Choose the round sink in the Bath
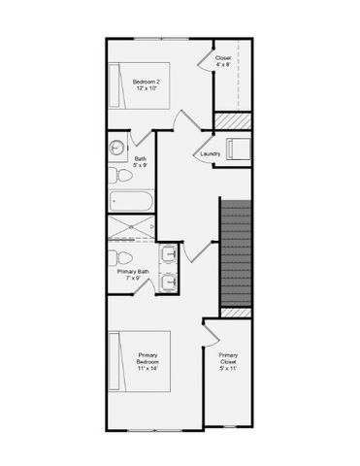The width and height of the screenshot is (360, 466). click(x=117, y=150)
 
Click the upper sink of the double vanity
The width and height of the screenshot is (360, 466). click(x=169, y=254)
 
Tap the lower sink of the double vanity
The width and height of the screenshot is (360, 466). click(x=169, y=281)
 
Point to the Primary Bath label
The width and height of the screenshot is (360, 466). click(x=134, y=275)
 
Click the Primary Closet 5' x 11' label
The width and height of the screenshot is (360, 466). click(x=228, y=362)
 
